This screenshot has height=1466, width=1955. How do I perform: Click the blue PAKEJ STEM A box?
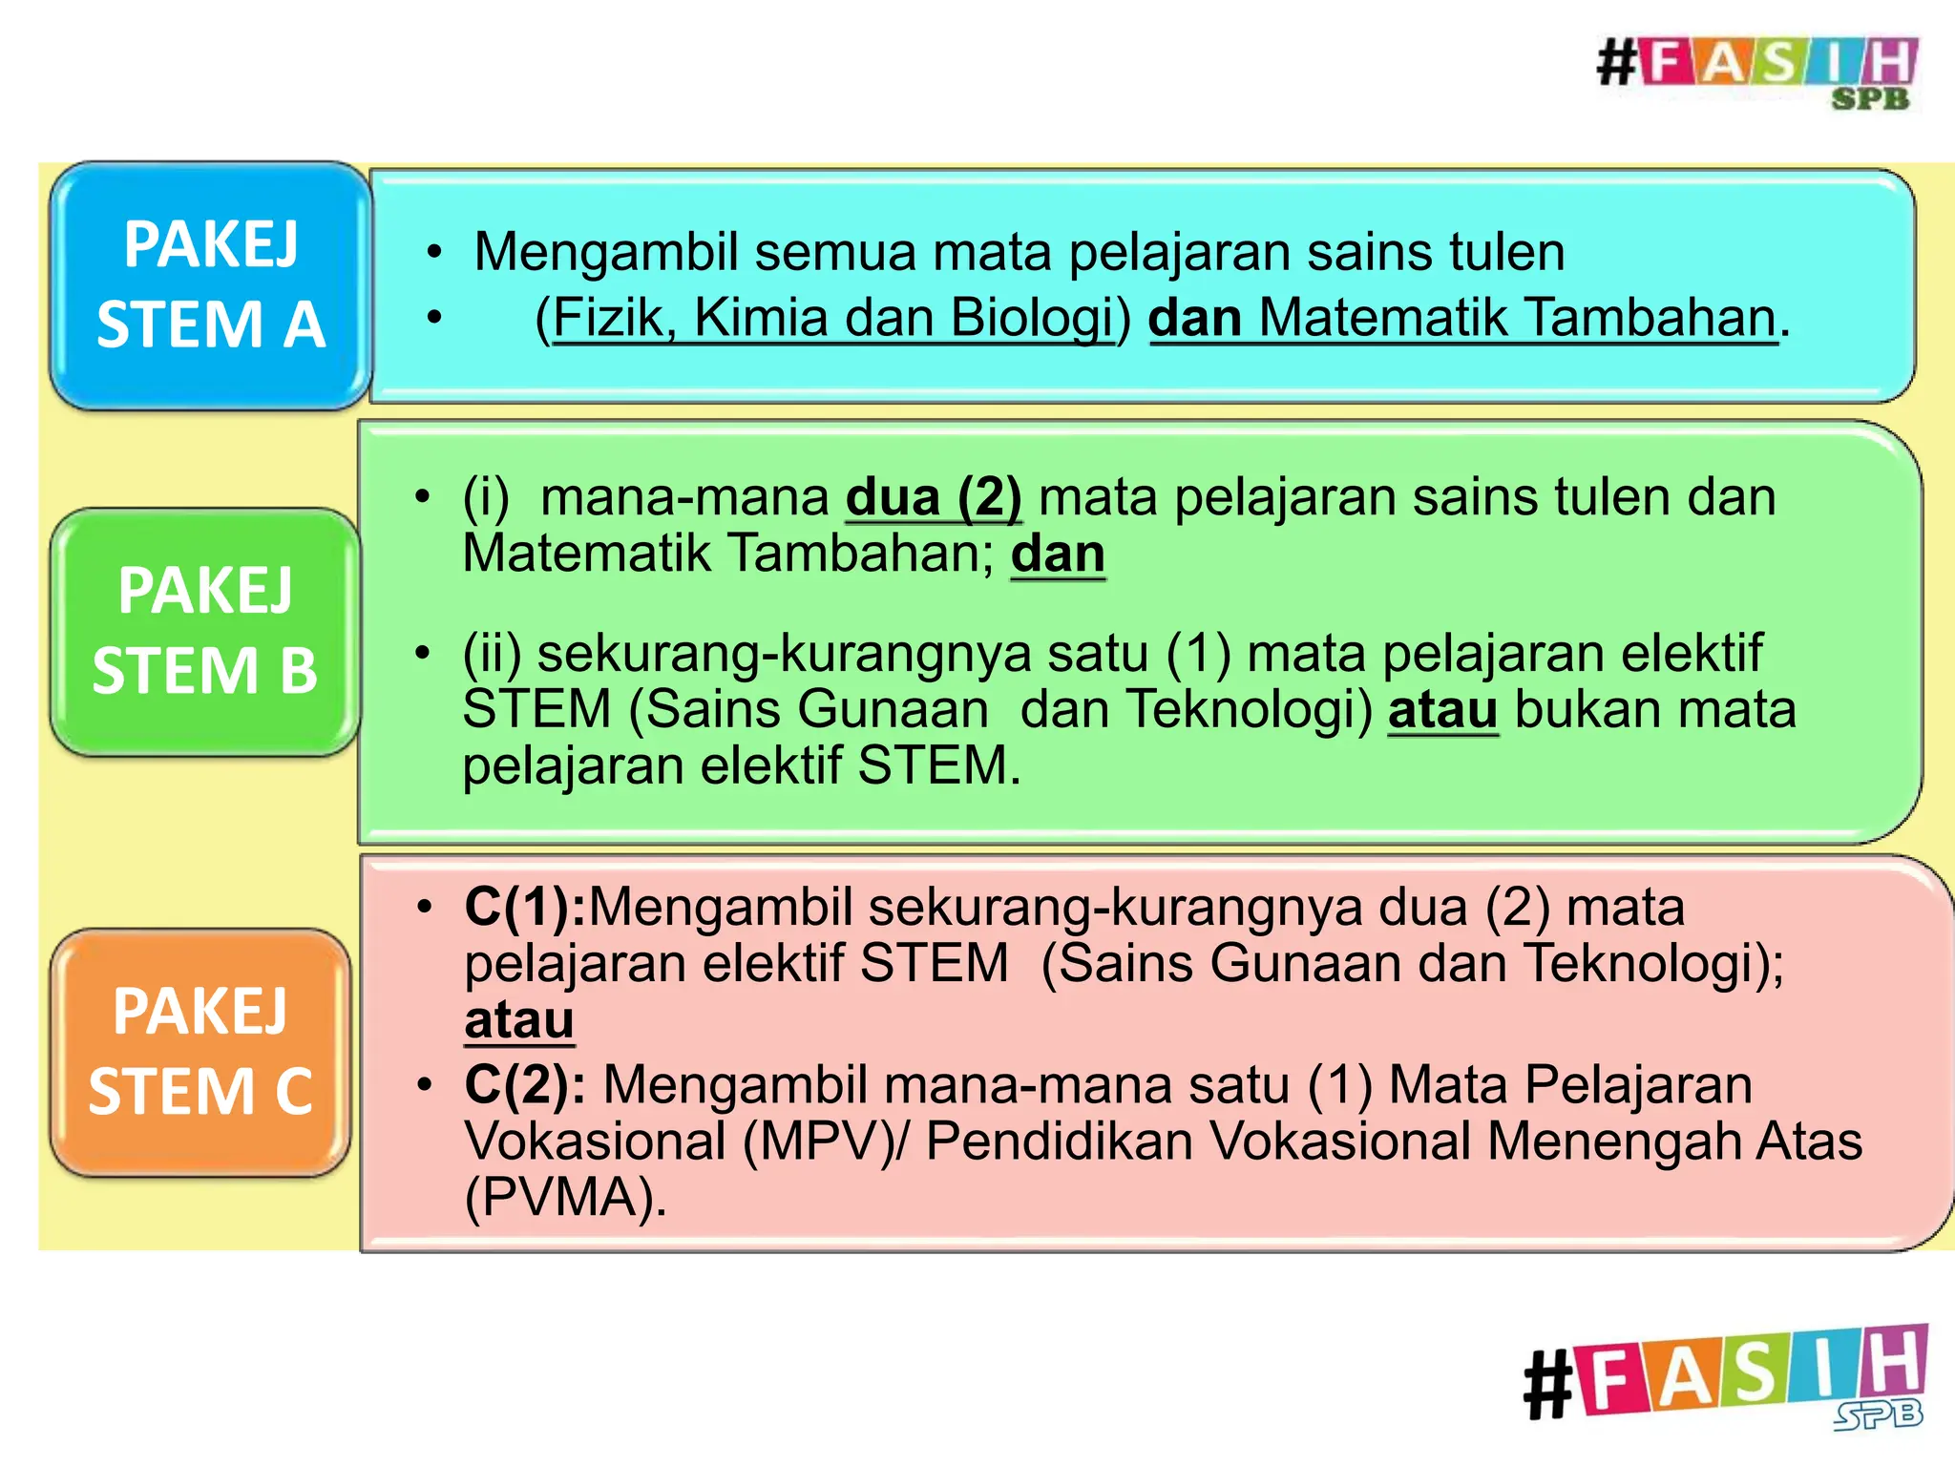click(210, 284)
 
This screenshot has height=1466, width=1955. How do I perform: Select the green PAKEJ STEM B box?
click(205, 631)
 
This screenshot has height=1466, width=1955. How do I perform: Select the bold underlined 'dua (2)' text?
click(933, 497)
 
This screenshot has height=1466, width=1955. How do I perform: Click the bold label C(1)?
click(525, 907)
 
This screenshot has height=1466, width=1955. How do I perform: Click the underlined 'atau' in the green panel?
click(1442, 710)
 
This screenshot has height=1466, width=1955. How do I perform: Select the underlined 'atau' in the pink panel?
click(519, 1020)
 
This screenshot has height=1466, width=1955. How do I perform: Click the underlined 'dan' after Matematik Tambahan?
click(1058, 554)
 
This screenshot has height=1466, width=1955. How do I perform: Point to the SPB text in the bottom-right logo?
click(1878, 1414)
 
